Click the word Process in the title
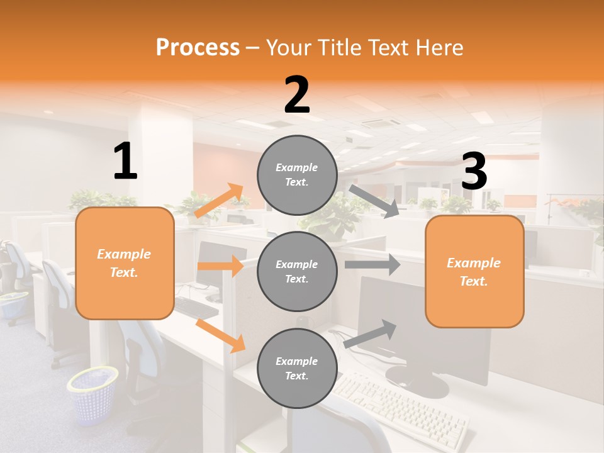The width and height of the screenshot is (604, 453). (198, 48)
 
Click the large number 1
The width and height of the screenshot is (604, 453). (125, 162)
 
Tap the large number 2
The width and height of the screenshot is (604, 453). (296, 95)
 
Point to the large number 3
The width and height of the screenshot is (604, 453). (474, 172)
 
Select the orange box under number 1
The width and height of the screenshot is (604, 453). (125, 263)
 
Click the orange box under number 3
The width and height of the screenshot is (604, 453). (474, 271)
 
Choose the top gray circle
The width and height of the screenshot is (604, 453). (297, 175)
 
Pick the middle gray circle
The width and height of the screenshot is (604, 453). (297, 271)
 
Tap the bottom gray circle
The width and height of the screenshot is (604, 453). (297, 368)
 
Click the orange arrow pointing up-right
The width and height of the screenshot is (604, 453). (219, 201)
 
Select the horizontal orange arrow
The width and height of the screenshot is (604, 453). (220, 266)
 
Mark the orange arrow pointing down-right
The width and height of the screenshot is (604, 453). (220, 335)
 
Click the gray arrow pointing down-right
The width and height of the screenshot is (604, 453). (374, 201)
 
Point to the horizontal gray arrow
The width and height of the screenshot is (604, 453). (372, 264)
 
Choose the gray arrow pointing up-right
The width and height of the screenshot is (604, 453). (371, 333)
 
